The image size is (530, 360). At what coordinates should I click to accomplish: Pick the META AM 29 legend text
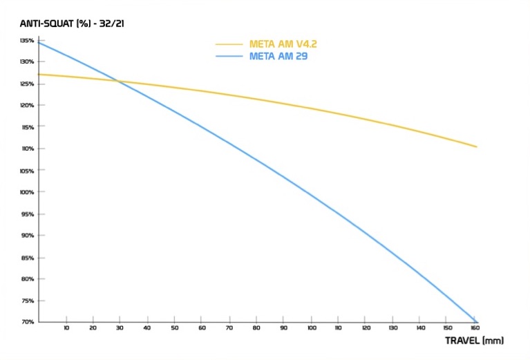[278, 56]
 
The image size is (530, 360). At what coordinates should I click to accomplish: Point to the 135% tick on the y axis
[26, 41]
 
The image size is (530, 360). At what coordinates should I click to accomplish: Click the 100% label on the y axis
[26, 192]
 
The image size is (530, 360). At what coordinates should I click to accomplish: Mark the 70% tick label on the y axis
[27, 322]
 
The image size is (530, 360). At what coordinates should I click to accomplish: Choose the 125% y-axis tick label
[26, 84]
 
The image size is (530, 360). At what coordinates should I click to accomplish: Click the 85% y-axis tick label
[27, 257]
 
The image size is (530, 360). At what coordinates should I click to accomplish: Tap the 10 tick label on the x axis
[66, 329]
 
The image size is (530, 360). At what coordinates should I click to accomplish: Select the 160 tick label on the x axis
[475, 329]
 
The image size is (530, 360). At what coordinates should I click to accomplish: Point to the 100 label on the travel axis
[312, 329]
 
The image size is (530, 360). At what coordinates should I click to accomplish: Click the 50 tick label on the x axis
[176, 329]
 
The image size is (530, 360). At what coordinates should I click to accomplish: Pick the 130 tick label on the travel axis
[393, 329]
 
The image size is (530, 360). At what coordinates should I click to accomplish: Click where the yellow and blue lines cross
[120, 82]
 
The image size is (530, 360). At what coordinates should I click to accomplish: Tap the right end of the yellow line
[477, 146]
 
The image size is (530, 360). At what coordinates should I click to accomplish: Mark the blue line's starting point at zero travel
[39, 43]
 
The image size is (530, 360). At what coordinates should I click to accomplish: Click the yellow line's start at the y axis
[39, 74]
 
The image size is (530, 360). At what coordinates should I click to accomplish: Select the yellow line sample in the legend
[230, 44]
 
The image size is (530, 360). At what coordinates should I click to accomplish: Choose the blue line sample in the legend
[230, 56]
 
